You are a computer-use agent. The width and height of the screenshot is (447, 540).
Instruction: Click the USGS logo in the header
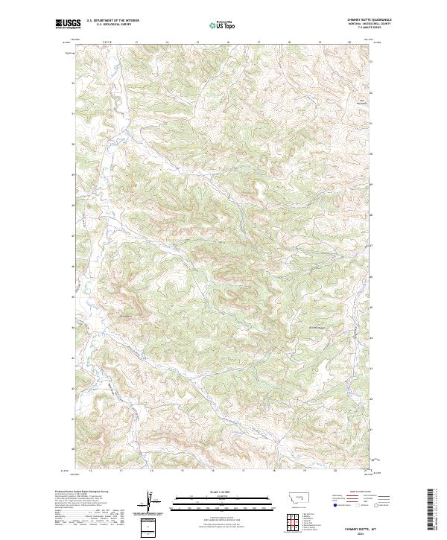pos(68,25)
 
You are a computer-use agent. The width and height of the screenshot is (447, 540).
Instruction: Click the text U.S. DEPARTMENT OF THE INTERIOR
pos(112,21)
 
